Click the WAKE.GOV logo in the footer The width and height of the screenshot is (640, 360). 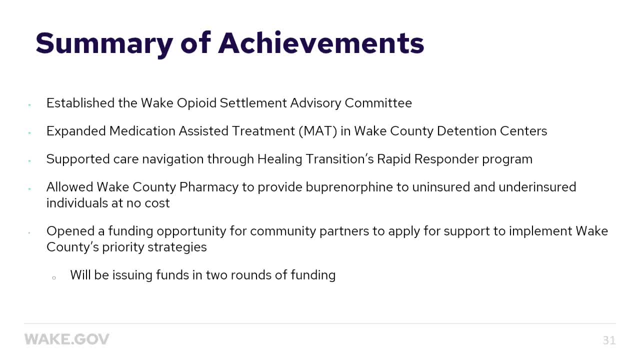66,339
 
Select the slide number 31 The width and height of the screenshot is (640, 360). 609,340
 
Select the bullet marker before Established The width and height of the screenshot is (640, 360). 29,104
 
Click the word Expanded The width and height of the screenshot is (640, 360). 75,131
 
